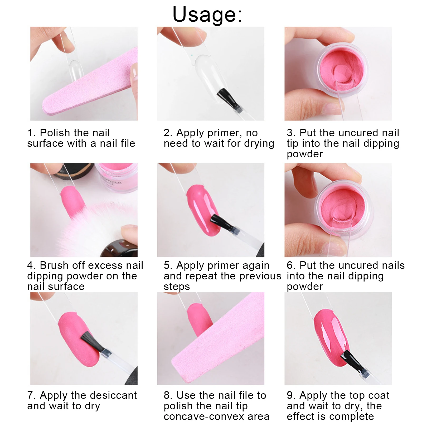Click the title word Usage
pos(207,14)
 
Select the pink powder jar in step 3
pos(343,70)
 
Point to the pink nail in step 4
pos(72,200)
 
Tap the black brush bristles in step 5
pos(219,221)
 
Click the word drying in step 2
pos(259,144)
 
